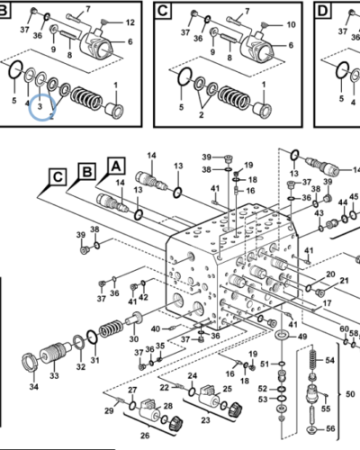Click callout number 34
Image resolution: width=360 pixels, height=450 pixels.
(x=34, y=387)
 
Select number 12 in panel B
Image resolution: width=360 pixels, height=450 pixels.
(x=130, y=22)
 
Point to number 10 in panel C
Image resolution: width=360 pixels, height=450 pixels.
(x=291, y=24)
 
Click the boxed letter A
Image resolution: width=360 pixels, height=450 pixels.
(x=116, y=166)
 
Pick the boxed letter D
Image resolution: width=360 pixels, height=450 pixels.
(x=323, y=11)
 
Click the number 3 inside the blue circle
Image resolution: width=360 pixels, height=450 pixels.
(x=40, y=106)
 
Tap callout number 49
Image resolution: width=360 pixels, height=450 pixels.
(x=302, y=337)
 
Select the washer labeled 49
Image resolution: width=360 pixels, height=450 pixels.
(x=282, y=335)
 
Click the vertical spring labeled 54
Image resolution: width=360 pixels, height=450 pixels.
(x=312, y=360)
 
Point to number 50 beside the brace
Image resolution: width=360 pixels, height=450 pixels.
(x=350, y=393)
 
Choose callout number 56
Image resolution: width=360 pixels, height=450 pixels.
(x=330, y=428)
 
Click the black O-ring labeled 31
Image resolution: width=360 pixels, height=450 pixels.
(x=92, y=337)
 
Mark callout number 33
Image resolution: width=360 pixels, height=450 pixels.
(x=54, y=375)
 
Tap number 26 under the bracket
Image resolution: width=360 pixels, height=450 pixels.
(x=145, y=436)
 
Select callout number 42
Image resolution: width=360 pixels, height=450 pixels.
(x=143, y=297)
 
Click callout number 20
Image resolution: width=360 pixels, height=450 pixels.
(x=330, y=274)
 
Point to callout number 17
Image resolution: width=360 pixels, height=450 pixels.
(x=327, y=303)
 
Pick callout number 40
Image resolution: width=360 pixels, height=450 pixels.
(x=156, y=329)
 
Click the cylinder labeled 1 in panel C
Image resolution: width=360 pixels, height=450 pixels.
(x=262, y=110)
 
